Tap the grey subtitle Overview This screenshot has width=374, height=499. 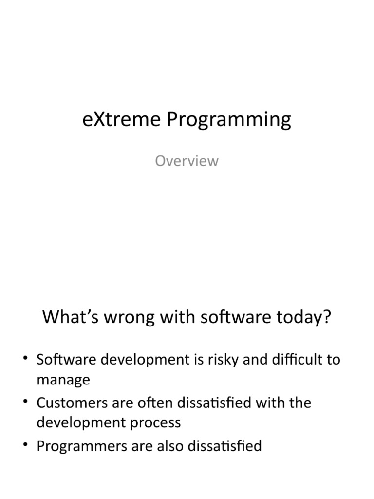(187, 161)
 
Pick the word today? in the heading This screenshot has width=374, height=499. (305, 318)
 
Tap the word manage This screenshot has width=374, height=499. (63, 380)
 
